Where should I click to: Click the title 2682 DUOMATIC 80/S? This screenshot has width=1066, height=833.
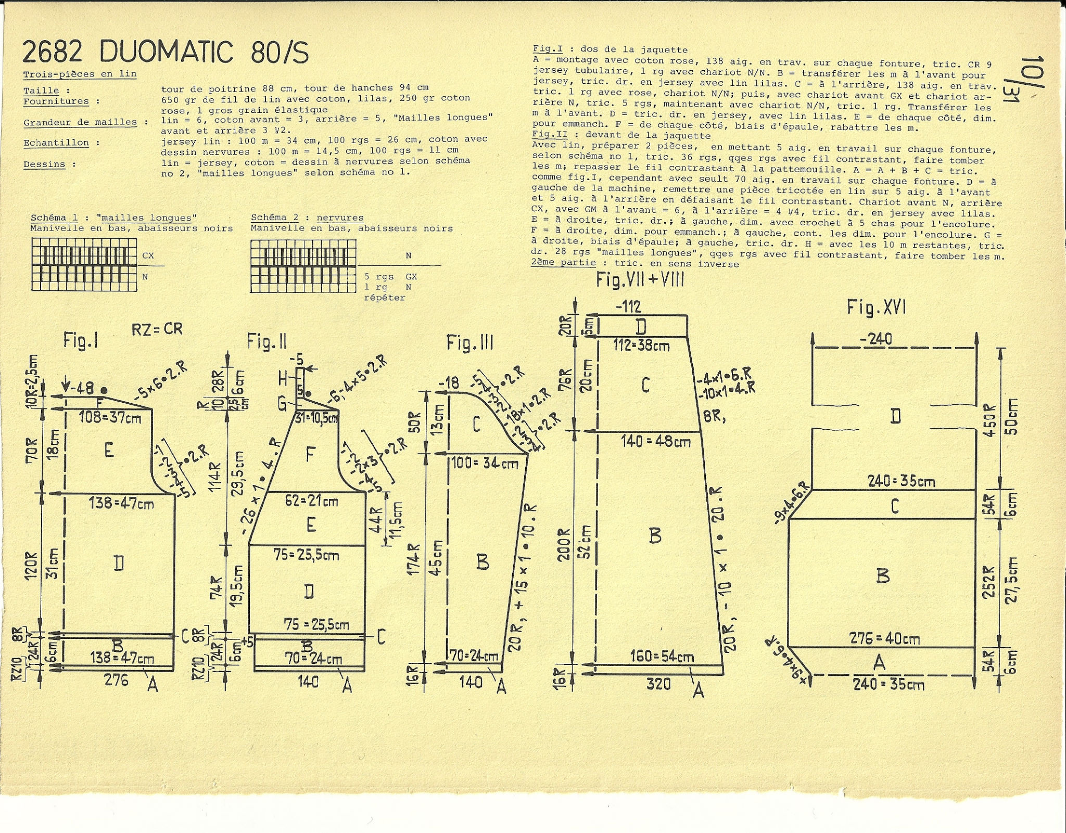tap(166, 52)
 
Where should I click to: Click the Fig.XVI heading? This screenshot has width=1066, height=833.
tap(877, 307)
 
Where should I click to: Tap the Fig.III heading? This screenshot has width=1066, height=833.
tap(469, 342)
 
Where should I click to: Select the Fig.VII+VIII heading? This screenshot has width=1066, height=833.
tap(640, 280)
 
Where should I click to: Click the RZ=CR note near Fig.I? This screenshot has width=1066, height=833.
tap(157, 329)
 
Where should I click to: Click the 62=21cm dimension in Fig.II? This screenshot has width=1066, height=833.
tap(312, 501)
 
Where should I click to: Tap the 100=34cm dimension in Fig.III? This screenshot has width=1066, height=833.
tap(485, 462)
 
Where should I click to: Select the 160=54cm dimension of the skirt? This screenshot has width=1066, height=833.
tap(662, 657)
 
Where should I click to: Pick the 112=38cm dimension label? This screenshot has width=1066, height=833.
tap(641, 345)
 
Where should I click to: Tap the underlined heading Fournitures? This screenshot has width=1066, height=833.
tap(56, 101)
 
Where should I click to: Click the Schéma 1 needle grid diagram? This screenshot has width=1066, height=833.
tap(84, 265)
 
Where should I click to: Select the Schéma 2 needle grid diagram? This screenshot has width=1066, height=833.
tap(303, 266)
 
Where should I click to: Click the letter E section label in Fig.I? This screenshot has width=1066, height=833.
tap(108, 450)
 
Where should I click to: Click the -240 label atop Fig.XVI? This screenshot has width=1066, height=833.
tap(876, 339)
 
